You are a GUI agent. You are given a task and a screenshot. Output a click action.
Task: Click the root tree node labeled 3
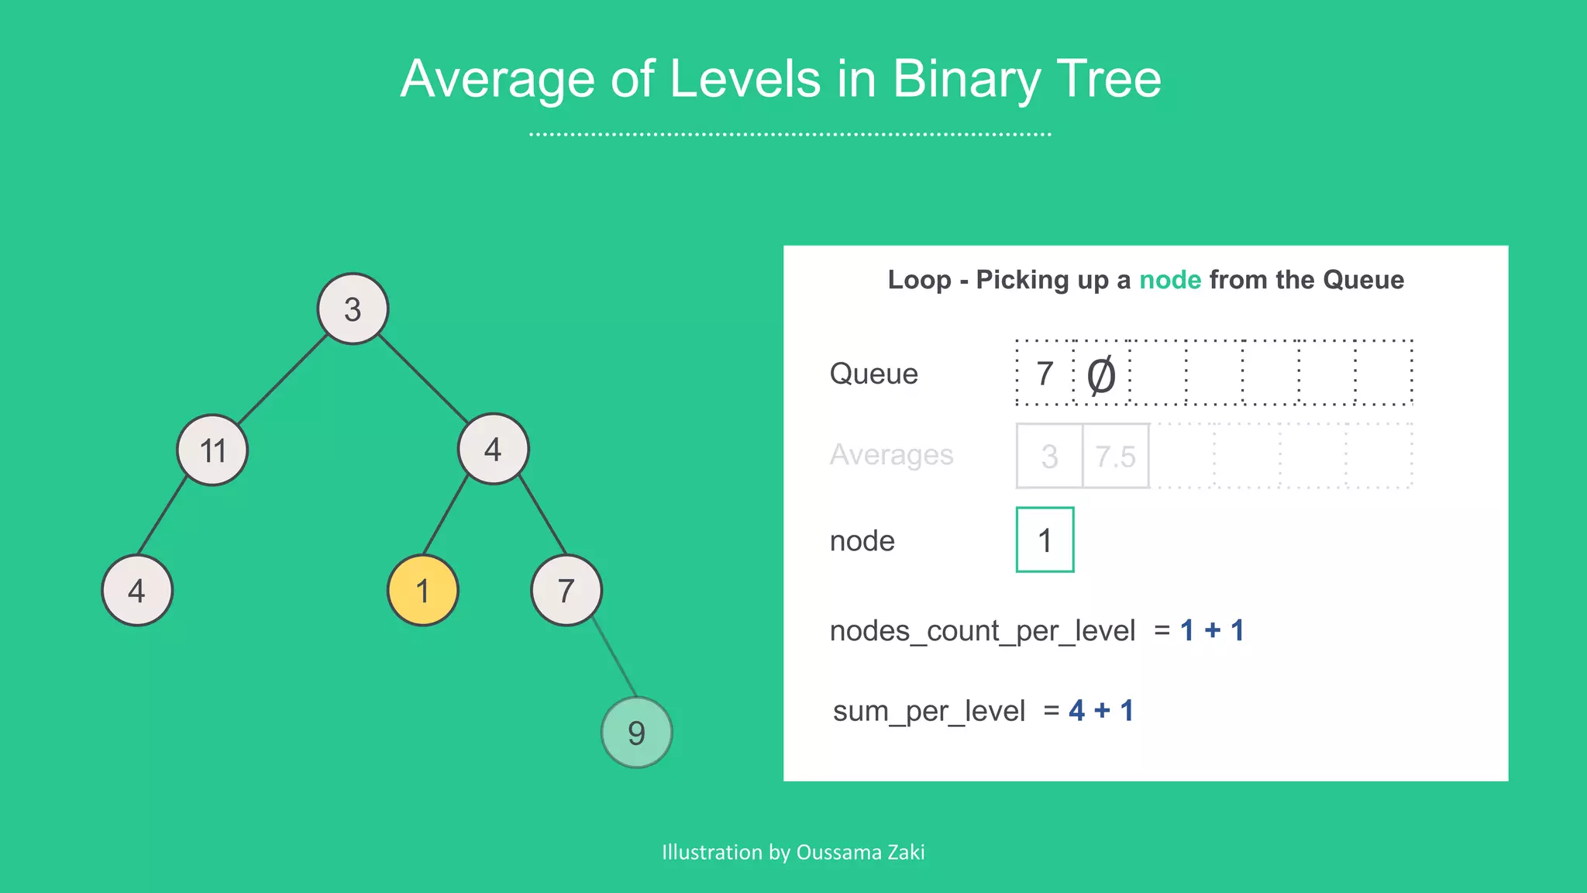pyautogui.click(x=353, y=309)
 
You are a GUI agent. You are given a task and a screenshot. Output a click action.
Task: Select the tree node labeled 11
pyautogui.click(x=212, y=450)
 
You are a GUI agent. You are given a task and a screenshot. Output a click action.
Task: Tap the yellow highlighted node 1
pyautogui.click(x=422, y=591)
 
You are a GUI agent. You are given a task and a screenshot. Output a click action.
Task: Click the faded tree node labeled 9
pyautogui.click(x=636, y=732)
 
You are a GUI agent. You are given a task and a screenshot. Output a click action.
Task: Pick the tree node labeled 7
pyautogui.click(x=566, y=591)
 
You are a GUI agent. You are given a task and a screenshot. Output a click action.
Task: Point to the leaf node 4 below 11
pyautogui.click(x=137, y=591)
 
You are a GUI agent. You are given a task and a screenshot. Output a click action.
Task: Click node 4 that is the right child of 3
pyautogui.click(x=494, y=450)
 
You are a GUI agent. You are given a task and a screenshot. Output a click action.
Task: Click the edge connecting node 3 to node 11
pyautogui.click(x=283, y=379)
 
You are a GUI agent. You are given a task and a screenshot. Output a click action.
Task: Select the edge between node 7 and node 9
pyautogui.click(x=613, y=657)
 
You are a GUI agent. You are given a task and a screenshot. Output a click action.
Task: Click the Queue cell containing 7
pyautogui.click(x=1045, y=373)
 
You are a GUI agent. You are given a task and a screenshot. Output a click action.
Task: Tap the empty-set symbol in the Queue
pyautogui.click(x=1101, y=375)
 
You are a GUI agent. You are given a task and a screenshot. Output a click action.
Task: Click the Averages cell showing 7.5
pyautogui.click(x=1115, y=456)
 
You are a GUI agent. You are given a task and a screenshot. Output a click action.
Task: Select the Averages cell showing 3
pyautogui.click(x=1049, y=456)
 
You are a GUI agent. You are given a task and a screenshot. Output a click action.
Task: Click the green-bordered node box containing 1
pyautogui.click(x=1045, y=540)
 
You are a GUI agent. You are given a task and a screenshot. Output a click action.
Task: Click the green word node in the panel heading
pyautogui.click(x=1169, y=280)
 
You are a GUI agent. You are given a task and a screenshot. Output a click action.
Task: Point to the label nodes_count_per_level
pyautogui.click(x=982, y=630)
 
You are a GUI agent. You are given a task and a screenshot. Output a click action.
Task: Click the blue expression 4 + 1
pyautogui.click(x=1100, y=710)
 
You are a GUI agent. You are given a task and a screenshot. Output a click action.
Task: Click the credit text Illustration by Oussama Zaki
pyautogui.click(x=793, y=852)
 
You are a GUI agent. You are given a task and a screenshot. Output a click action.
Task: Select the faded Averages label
pyautogui.click(x=891, y=455)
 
